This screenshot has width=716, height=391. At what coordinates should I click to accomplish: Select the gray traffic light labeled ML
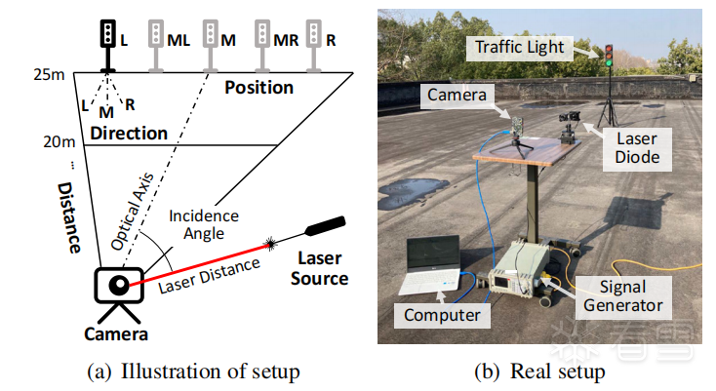point(155,40)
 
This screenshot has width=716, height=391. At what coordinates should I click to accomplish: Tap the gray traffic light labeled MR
point(261,40)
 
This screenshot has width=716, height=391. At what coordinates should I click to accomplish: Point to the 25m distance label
point(49,75)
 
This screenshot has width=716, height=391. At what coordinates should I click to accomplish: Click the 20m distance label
point(59,142)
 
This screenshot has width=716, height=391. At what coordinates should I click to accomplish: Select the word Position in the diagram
point(259,88)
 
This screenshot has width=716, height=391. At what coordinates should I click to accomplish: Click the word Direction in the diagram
point(129,132)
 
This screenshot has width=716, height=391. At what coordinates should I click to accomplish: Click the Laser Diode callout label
point(637,147)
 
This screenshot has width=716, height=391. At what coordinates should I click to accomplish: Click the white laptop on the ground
point(430,267)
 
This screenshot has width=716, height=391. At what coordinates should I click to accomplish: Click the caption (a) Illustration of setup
point(191,371)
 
